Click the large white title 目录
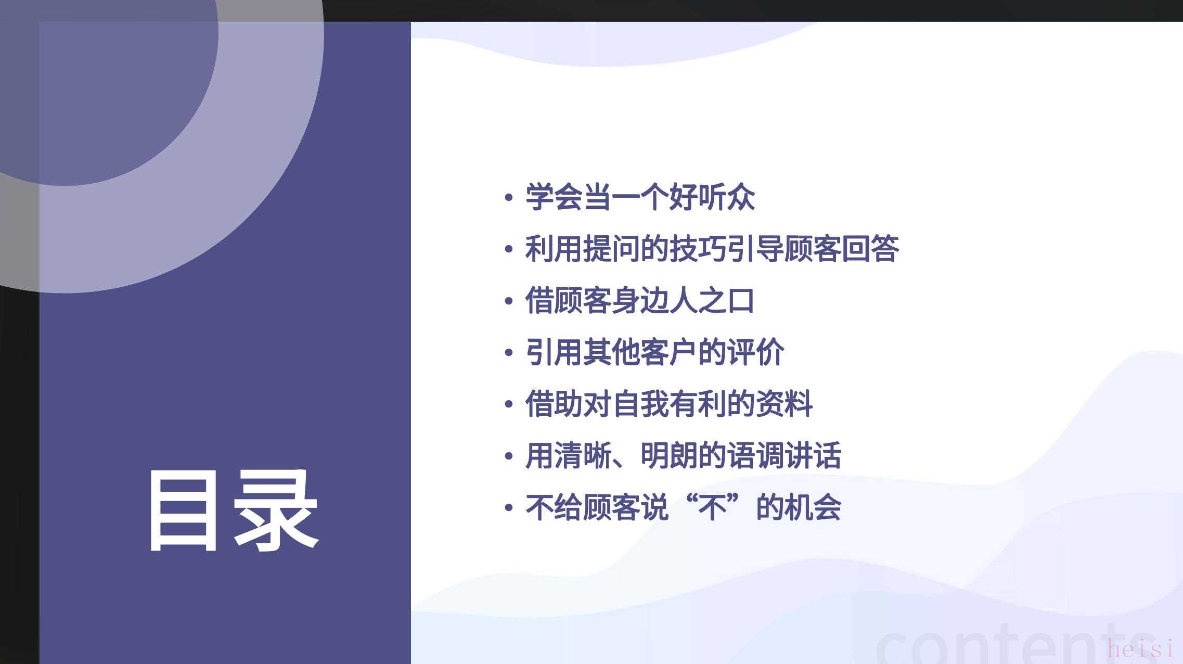(234, 510)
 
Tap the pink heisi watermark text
(1141, 649)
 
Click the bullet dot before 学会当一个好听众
(509, 198)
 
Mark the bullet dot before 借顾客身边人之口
(509, 301)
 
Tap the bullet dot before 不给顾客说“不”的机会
(509, 508)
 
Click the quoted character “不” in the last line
(712, 507)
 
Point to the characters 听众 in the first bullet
(726, 197)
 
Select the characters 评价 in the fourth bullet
(755, 352)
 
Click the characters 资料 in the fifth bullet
(785, 404)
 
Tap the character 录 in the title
(276, 510)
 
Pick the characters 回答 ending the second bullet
(870, 249)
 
